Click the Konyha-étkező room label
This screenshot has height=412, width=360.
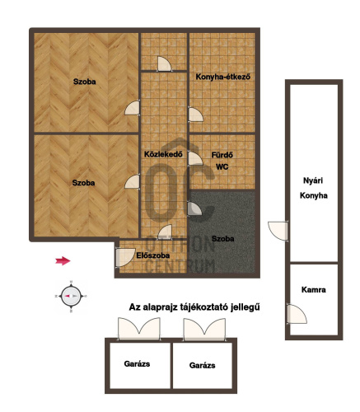pyautogui.click(x=222, y=77)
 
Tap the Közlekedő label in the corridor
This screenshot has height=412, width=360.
pyautogui.click(x=163, y=154)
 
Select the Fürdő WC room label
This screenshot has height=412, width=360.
pyautogui.click(x=222, y=161)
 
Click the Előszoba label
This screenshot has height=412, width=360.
pyautogui.click(x=153, y=255)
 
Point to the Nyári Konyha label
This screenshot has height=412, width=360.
pyautogui.click(x=314, y=188)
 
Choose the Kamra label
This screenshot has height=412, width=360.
pyautogui.click(x=314, y=290)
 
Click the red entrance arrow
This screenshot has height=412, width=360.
pyautogui.click(x=63, y=261)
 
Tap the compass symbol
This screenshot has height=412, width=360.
pyautogui.click(x=71, y=296)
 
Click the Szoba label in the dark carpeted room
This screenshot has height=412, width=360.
pyautogui.click(x=223, y=239)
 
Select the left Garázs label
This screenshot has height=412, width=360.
pyautogui.click(x=137, y=364)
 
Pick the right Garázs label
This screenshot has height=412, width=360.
pyautogui.click(x=202, y=365)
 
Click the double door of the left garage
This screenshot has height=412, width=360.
pyautogui.click(x=139, y=329)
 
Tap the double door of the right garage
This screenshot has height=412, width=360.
pyautogui.click(x=204, y=330)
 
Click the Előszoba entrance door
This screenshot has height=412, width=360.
pyautogui.click(x=124, y=257)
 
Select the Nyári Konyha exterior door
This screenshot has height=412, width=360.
pyautogui.click(x=278, y=231)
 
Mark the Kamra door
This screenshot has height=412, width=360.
pyautogui.click(x=297, y=314)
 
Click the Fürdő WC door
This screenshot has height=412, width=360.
pyautogui.click(x=195, y=158)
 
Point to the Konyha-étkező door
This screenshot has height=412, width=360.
pyautogui.click(x=195, y=114)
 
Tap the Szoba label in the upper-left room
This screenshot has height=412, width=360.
pyautogui.click(x=85, y=82)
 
